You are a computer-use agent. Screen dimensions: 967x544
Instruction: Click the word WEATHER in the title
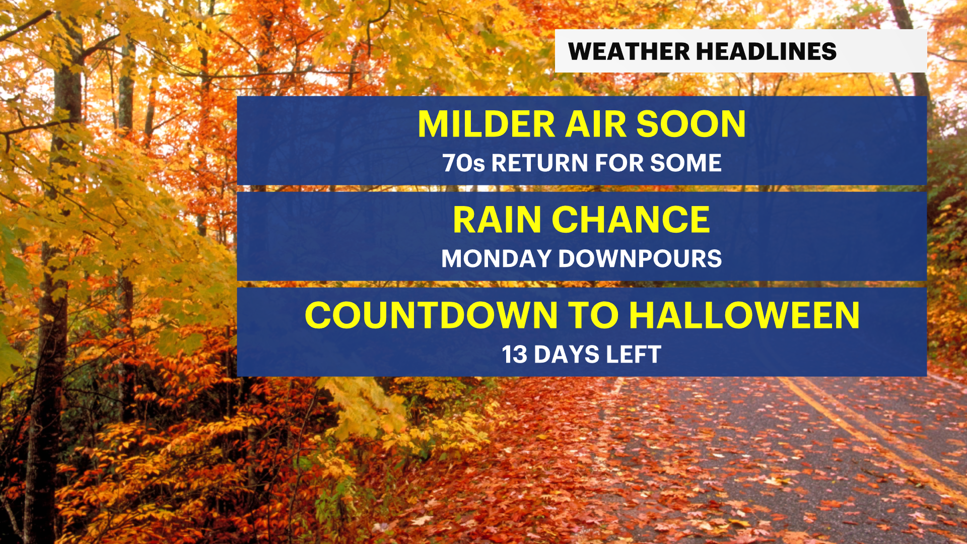(629, 51)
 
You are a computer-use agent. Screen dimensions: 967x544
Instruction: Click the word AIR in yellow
(596, 124)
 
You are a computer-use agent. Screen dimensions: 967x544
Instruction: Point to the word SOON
(691, 124)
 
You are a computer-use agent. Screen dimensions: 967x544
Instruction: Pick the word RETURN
(540, 163)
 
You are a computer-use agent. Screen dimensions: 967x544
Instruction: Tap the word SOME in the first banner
(686, 163)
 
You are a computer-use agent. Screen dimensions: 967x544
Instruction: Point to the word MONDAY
(496, 259)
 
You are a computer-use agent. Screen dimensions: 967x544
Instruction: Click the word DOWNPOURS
(640, 259)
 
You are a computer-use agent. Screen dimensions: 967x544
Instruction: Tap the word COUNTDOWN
(431, 315)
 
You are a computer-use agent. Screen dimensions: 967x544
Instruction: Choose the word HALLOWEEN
(744, 315)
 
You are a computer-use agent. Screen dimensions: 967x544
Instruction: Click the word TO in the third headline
(593, 315)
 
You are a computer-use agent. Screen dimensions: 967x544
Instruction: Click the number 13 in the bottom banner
(514, 355)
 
